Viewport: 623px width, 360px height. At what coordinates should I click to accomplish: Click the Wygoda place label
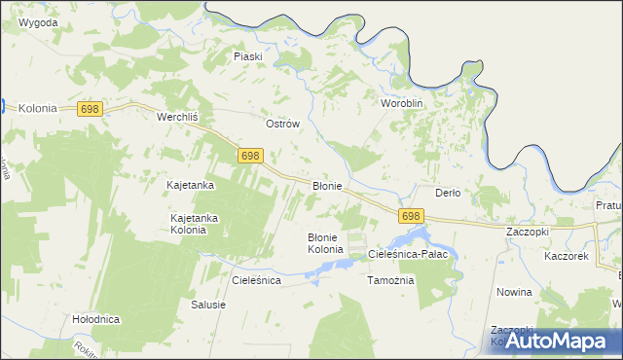pos(37,22)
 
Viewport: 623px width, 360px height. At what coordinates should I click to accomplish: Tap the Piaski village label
pos(248,56)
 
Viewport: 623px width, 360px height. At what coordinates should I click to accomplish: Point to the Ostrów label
pos(282,125)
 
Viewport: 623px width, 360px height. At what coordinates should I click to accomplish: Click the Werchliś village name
pos(178,116)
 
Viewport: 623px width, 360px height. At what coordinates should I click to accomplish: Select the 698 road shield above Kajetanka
pos(250,156)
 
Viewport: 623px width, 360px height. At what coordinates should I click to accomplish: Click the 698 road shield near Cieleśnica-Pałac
pos(411,216)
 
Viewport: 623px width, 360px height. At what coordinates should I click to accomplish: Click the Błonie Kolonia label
pos(326,243)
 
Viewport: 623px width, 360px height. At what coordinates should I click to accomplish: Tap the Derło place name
pos(447,193)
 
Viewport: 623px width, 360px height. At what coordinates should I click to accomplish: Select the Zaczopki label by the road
pos(529,234)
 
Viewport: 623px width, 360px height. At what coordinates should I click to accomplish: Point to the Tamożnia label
pos(390,280)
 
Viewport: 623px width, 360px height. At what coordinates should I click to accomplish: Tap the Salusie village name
pos(208,305)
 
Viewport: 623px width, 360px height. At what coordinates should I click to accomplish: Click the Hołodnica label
pos(95,319)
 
